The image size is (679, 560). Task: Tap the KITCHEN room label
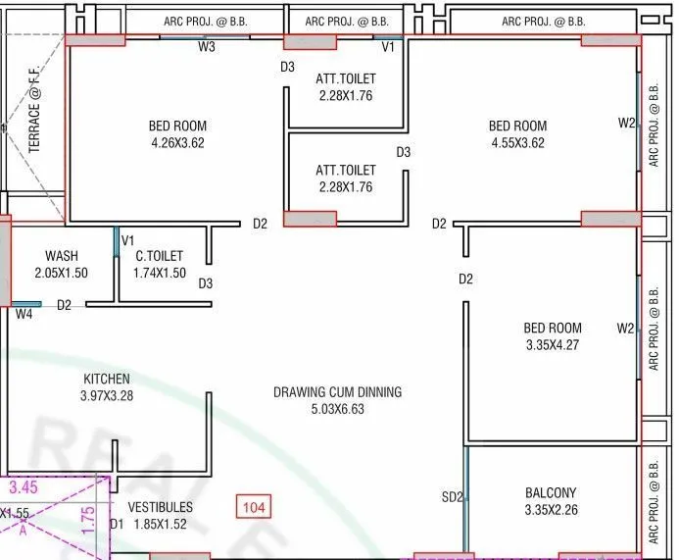[107, 379]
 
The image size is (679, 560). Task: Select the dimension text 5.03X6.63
[337, 409]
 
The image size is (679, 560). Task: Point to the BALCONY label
[550, 492]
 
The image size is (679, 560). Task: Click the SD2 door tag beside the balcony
[452, 498]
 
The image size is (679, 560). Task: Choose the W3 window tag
[207, 47]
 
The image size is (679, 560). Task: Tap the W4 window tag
[24, 314]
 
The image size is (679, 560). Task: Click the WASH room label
[62, 256]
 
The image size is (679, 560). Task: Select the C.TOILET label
[160, 256]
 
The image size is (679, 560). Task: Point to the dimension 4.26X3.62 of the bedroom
[177, 142]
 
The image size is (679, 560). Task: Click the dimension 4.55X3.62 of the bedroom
[517, 142]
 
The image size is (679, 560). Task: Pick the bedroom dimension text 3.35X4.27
[552, 344]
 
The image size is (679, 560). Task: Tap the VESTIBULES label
[161, 507]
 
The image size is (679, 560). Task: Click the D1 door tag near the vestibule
[117, 525]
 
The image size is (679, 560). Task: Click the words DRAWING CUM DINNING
[337, 392]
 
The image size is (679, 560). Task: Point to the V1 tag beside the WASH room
[127, 240]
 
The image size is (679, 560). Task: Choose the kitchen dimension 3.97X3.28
[107, 395]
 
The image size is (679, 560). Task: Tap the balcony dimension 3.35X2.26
[550, 509]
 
